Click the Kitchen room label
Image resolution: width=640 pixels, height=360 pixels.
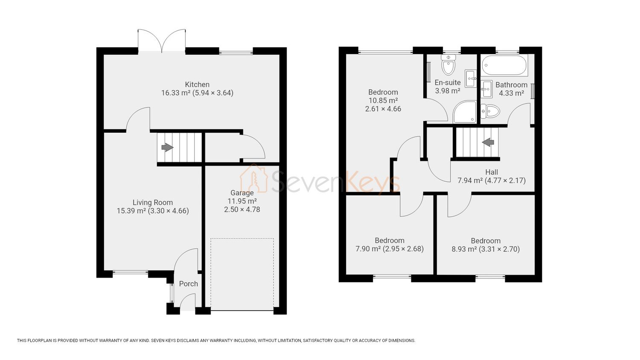(x=197, y=84)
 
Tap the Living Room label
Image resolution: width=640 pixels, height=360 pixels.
(x=153, y=203)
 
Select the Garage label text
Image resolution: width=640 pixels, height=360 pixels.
(x=242, y=193)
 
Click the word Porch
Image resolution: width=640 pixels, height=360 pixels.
(x=188, y=284)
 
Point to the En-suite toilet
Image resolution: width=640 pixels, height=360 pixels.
(x=448, y=64)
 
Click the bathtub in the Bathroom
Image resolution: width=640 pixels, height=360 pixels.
(x=504, y=65)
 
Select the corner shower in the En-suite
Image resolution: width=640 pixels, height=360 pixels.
(x=465, y=112)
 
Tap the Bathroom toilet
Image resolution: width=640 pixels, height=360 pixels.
(x=490, y=111)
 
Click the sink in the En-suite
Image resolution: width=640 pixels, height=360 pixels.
(x=470, y=78)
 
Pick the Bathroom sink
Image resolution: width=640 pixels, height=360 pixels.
(x=486, y=89)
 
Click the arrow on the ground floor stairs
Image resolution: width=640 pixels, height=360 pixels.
(x=167, y=148)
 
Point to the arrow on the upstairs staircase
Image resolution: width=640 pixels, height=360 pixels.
(x=488, y=142)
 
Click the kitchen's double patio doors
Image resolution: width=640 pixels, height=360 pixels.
(x=162, y=41)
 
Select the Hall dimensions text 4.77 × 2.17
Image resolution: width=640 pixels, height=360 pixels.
(x=505, y=180)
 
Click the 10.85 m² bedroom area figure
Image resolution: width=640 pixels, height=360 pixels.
(x=383, y=101)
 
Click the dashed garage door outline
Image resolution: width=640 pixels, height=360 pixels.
(x=242, y=274)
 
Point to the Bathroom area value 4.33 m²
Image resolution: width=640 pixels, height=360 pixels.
(x=512, y=93)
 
